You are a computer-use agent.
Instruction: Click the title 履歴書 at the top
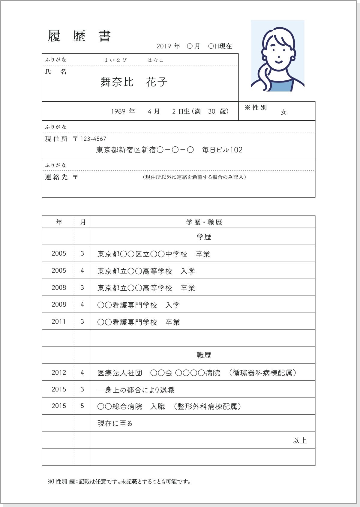[x=79, y=36]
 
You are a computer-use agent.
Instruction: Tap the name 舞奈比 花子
[x=134, y=82]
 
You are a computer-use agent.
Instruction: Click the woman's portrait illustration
[x=277, y=56]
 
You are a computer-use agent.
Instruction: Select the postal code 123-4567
[x=93, y=139]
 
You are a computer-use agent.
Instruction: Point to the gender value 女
[x=283, y=112]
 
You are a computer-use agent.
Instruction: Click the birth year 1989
[x=118, y=112]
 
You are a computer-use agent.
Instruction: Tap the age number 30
[x=211, y=112]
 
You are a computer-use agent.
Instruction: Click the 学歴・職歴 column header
[x=204, y=222]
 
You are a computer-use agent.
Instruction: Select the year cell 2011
[x=58, y=322]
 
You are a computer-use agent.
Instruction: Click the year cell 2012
[x=58, y=373]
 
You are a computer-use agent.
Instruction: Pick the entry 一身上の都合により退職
[x=136, y=390]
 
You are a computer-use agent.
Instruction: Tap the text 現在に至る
[x=115, y=424]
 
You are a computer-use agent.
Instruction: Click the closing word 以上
[x=299, y=440]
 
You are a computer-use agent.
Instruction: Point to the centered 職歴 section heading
[x=204, y=355]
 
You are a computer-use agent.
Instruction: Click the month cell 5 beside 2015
[x=82, y=406]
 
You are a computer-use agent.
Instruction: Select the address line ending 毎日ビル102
[x=169, y=150]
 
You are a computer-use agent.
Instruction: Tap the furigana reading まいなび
[x=115, y=60]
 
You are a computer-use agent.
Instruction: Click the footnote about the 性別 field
[x=119, y=482]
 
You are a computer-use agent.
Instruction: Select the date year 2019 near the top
[x=163, y=46]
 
